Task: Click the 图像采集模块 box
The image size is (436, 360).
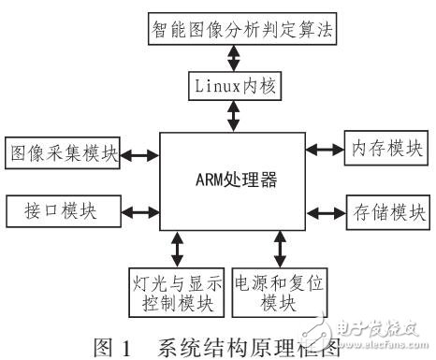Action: tap(62, 152)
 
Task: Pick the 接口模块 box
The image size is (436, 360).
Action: tap(62, 209)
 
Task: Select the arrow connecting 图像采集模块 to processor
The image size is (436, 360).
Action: tap(140, 153)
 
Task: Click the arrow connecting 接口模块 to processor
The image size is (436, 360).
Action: tap(140, 209)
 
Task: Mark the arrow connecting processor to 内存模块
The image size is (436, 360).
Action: tap(325, 148)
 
